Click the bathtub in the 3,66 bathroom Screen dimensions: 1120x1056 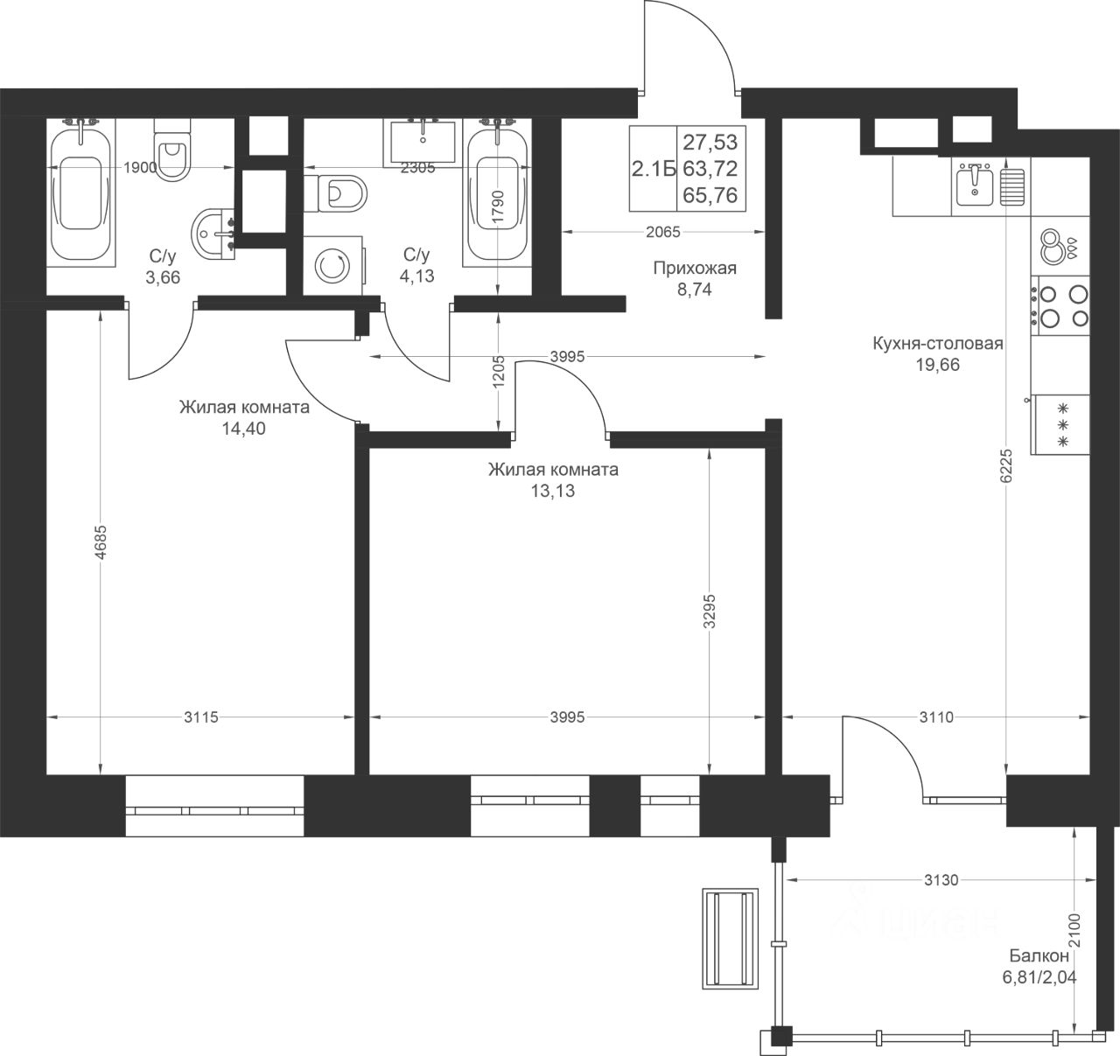(80, 192)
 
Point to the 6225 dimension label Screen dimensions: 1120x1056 (1008, 465)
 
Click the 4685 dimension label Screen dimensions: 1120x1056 (101, 542)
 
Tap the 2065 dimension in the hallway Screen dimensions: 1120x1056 (663, 232)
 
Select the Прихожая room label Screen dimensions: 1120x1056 (695, 268)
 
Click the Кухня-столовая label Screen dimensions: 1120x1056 (938, 343)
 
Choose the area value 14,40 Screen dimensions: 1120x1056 (243, 429)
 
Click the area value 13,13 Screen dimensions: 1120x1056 (553, 491)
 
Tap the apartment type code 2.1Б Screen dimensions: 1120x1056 (653, 169)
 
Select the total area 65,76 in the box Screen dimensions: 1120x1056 (710, 195)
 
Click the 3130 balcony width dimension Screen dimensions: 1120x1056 (941, 879)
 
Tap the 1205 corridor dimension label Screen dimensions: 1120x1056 (498, 372)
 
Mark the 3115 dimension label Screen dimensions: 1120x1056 (201, 717)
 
